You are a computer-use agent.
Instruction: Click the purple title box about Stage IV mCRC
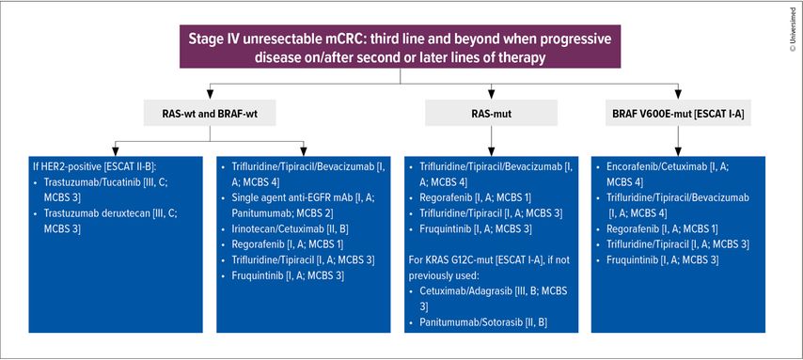(400, 46)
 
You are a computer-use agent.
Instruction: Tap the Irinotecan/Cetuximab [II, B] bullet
(286, 229)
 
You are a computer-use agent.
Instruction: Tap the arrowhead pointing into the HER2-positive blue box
(116, 151)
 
